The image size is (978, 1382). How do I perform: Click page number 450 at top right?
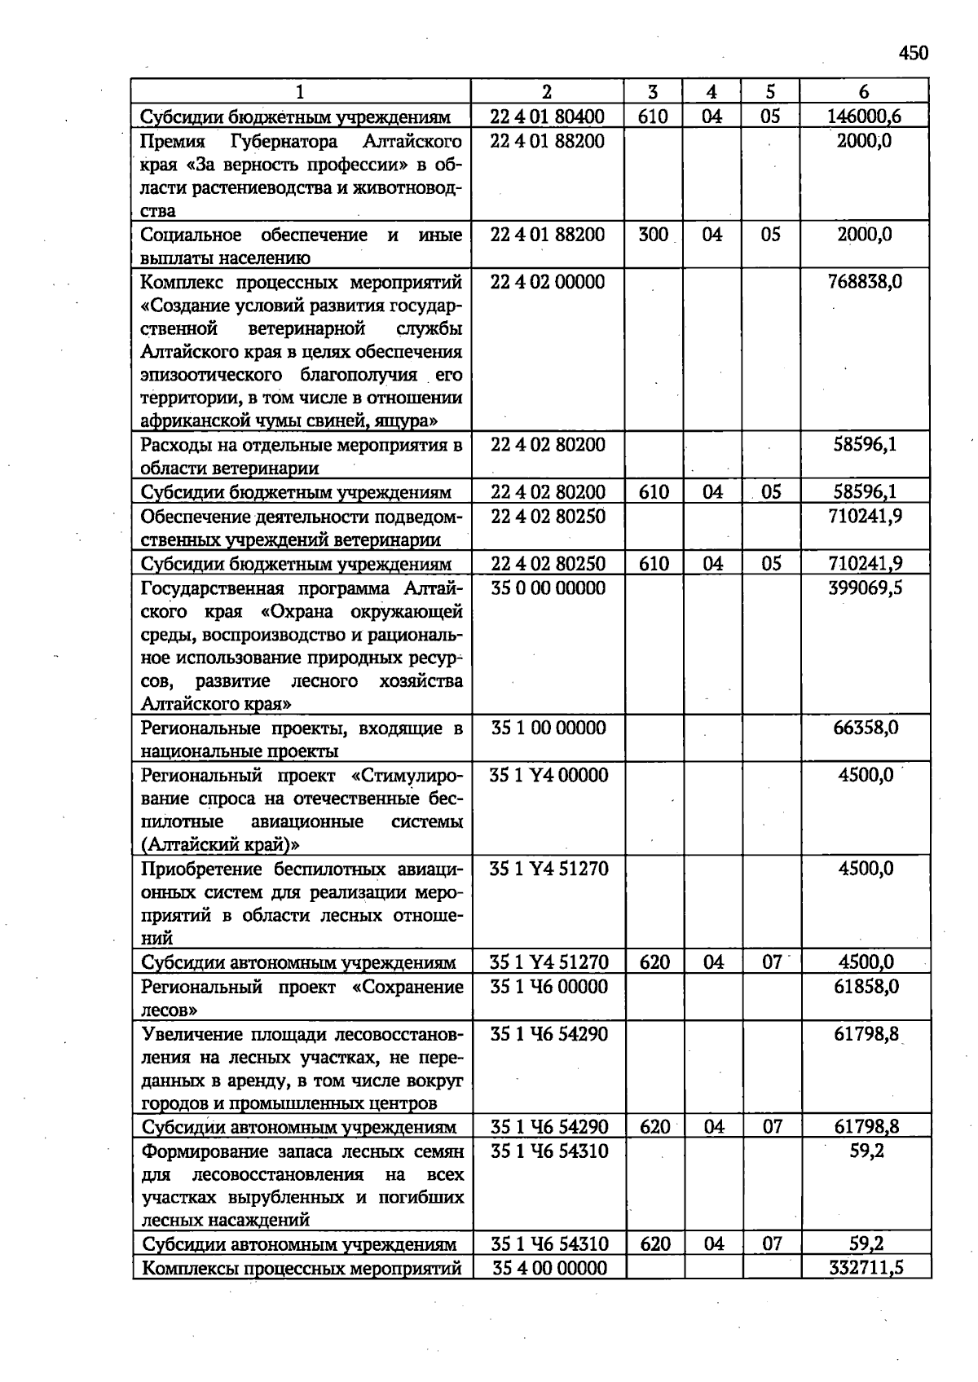914,54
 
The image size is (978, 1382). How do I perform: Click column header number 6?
864,92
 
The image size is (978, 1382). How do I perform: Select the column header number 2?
547,92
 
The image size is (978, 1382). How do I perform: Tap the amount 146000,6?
864,117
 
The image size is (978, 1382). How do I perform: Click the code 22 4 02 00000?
548,282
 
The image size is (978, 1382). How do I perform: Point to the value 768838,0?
864,282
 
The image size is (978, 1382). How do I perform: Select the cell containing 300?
654,235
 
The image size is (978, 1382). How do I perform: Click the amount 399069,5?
864,588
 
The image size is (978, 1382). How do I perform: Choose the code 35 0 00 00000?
548,588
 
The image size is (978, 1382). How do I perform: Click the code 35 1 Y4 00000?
548,775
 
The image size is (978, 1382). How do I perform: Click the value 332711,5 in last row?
866,1268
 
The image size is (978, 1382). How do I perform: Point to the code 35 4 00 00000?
549,1268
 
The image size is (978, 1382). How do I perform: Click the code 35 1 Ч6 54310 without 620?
549,1151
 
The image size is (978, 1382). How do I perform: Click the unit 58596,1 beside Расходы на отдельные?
864,446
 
